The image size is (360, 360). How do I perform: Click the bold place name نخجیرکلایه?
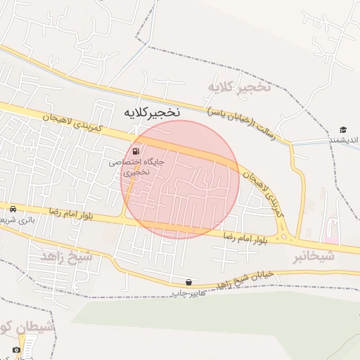(152, 111)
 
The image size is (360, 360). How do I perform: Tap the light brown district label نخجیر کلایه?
(238, 86)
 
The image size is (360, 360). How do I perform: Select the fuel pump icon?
(135, 150)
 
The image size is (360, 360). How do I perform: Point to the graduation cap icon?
(343, 129)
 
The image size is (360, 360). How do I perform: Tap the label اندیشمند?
(345, 141)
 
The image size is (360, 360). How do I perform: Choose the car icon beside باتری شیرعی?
(13, 209)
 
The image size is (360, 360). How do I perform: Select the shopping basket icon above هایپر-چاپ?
(188, 282)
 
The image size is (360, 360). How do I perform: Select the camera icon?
(16, 349)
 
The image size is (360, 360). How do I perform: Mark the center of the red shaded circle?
(180, 179)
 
